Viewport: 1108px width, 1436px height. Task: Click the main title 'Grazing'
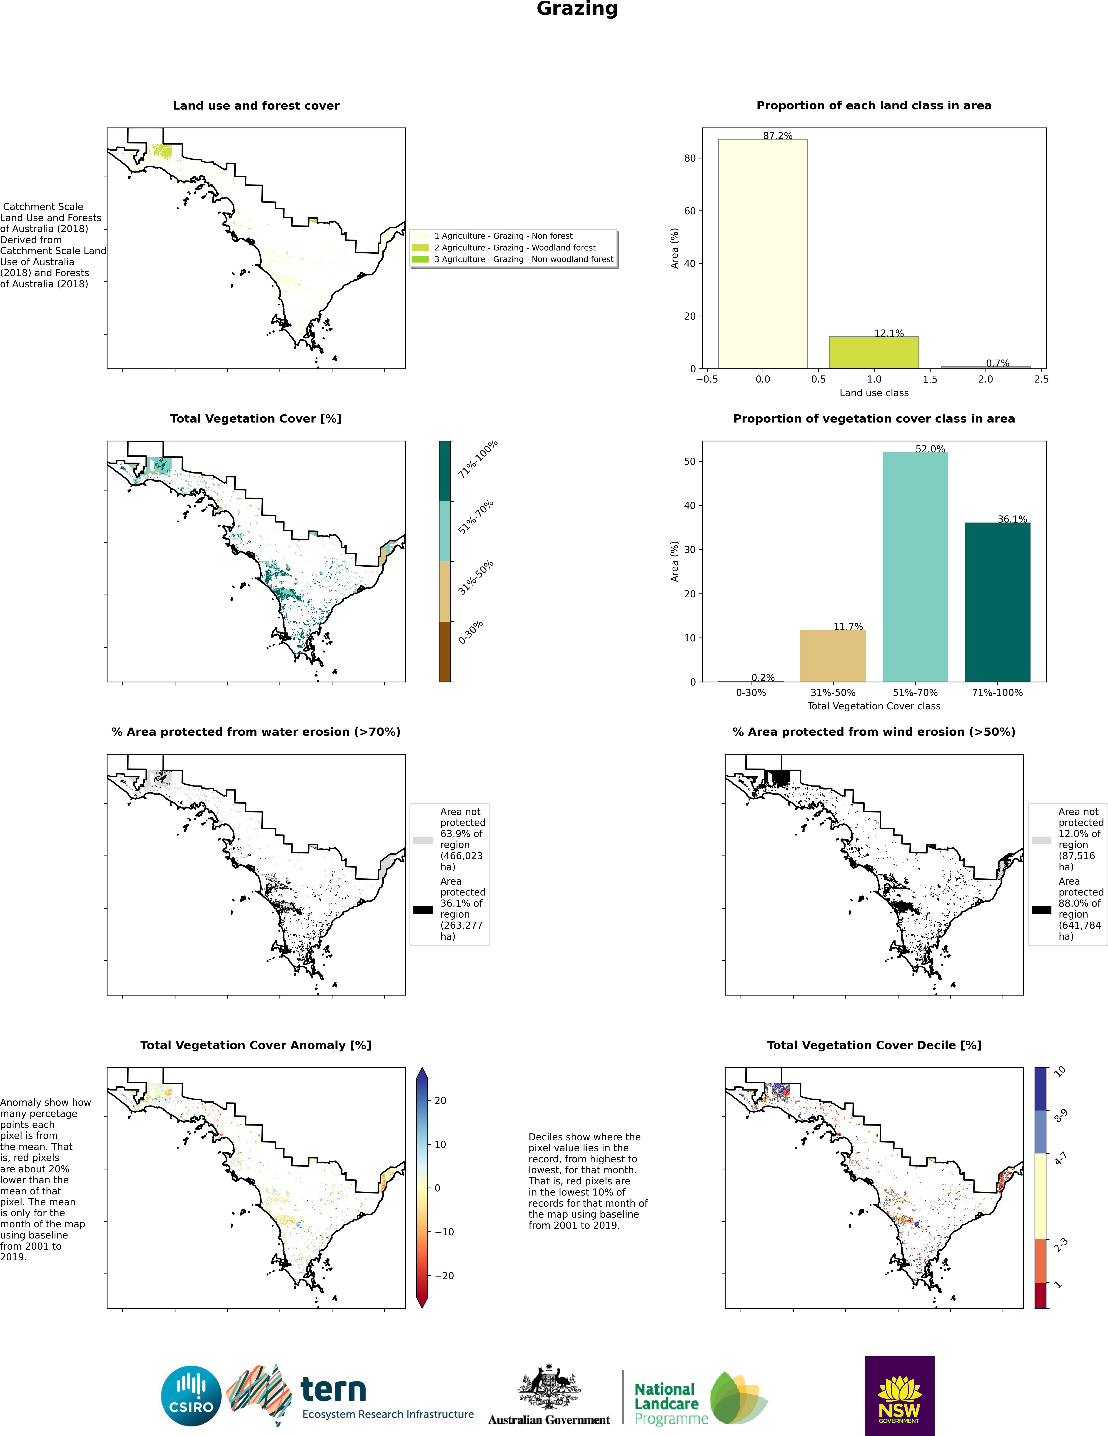577,9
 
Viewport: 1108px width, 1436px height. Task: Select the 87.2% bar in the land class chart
762,254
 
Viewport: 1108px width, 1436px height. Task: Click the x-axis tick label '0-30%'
751,692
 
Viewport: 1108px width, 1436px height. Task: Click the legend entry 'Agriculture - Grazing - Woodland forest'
514,248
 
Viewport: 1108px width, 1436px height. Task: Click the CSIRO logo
191,1395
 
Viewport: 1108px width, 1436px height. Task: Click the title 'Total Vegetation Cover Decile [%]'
873,1045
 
